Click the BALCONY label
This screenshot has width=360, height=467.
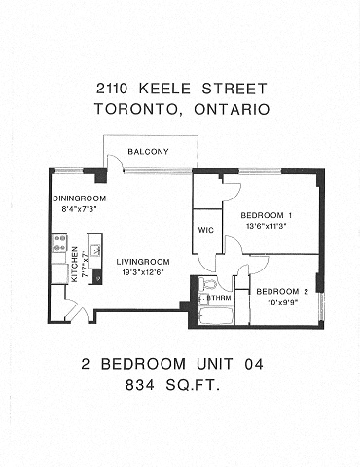(x=148, y=151)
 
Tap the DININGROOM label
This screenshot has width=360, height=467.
(x=79, y=198)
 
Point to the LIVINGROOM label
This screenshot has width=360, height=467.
(x=143, y=261)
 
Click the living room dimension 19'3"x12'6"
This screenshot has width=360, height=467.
(x=143, y=271)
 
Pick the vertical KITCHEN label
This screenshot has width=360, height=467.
(x=75, y=264)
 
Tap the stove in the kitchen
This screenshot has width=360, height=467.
(x=59, y=242)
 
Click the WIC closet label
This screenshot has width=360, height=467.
(x=205, y=231)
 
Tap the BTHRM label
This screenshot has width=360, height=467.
(x=219, y=299)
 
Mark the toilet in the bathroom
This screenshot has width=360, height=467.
(x=207, y=285)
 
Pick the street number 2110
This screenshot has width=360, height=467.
(x=116, y=88)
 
